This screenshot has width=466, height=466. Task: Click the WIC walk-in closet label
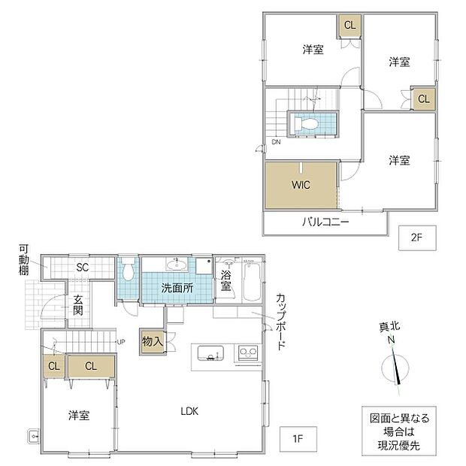[x=301, y=185]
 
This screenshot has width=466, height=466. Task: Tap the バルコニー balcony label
[x=325, y=222]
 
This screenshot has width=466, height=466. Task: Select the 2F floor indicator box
[x=417, y=238]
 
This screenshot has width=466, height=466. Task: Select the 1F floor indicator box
[x=298, y=439]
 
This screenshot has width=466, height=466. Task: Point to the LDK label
[x=189, y=411]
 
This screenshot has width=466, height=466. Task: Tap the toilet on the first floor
[x=128, y=268]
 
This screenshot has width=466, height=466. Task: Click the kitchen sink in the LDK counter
[x=210, y=353]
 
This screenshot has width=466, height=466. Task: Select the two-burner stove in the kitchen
[x=248, y=353]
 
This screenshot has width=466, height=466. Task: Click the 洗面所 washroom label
[x=177, y=288]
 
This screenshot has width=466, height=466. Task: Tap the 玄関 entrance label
[x=78, y=305]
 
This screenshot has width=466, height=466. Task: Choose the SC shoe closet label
[x=83, y=267]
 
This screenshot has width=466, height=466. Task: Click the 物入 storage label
[x=152, y=341]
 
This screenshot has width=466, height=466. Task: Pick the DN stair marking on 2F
[x=276, y=142]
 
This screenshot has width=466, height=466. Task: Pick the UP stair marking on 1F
[x=121, y=342]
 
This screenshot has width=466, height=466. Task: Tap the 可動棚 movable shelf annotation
[x=24, y=260]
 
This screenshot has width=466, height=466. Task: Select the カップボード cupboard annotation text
[x=281, y=322]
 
